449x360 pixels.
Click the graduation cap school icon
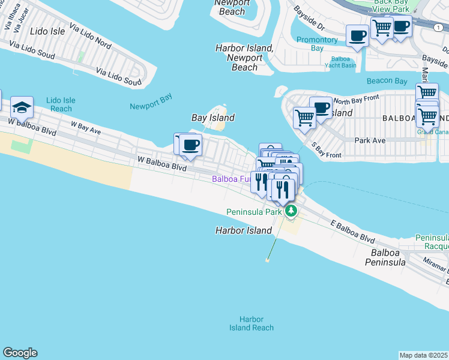(22, 107)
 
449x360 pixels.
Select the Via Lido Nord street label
(90, 36)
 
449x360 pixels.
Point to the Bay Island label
(212, 118)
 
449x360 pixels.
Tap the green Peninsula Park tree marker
(291, 211)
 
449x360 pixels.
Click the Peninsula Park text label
(255, 212)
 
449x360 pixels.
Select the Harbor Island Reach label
(252, 323)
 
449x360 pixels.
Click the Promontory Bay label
(318, 44)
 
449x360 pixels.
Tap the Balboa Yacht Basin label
(340, 62)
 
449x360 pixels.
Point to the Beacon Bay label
(387, 81)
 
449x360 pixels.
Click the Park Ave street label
(369, 140)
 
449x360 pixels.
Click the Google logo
(20, 353)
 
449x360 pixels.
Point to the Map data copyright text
(424, 355)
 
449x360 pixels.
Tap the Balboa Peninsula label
(388, 257)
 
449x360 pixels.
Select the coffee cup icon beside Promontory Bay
(357, 36)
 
